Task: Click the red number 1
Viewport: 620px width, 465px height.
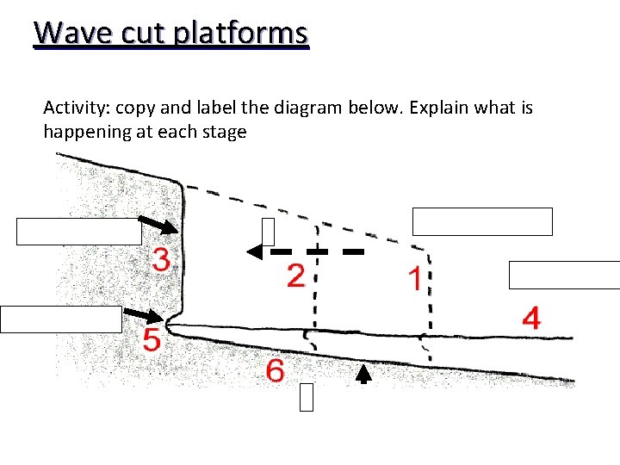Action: click(414, 279)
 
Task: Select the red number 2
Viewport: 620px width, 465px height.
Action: click(295, 276)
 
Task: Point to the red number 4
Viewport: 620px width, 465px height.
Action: click(531, 319)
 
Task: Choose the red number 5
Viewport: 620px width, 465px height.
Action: click(151, 339)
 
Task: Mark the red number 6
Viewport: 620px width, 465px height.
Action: click(275, 371)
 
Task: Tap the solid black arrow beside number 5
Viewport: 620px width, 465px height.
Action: click(144, 315)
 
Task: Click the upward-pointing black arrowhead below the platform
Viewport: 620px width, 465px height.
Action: click(363, 373)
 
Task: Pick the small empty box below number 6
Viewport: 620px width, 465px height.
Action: click(307, 398)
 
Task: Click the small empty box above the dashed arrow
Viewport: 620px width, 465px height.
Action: click(268, 232)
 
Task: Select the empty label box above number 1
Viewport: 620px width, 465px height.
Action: click(482, 221)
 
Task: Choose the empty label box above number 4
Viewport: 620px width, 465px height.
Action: click(564, 275)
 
